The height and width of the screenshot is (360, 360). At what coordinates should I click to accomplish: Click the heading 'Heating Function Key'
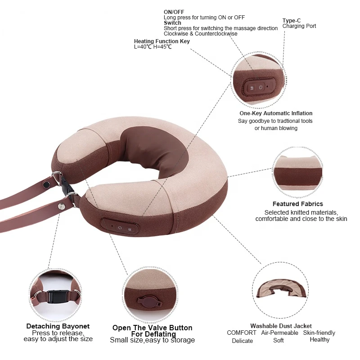coord(162,41)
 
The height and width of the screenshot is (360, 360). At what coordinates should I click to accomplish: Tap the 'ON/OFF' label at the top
coord(174,12)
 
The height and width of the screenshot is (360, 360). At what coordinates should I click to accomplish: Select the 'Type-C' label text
coord(291,20)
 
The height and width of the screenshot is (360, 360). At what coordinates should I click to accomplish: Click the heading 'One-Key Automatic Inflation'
coord(276,113)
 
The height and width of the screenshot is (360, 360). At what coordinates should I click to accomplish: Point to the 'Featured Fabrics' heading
coord(298,204)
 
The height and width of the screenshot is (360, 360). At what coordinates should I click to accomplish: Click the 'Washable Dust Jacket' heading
coord(281,326)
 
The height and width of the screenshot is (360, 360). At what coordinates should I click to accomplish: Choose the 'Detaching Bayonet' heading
coord(58,326)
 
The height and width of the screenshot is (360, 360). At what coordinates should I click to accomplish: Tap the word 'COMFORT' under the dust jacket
coord(242,333)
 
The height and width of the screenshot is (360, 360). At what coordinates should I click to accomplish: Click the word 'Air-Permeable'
coord(279,333)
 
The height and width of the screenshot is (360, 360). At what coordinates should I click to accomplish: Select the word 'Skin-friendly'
coord(319,333)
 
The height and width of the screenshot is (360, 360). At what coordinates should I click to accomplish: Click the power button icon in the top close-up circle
coord(261,86)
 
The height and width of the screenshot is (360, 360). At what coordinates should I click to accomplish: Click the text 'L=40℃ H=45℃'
coord(153,47)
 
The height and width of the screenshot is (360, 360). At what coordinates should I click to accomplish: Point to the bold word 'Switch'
coord(172,23)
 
